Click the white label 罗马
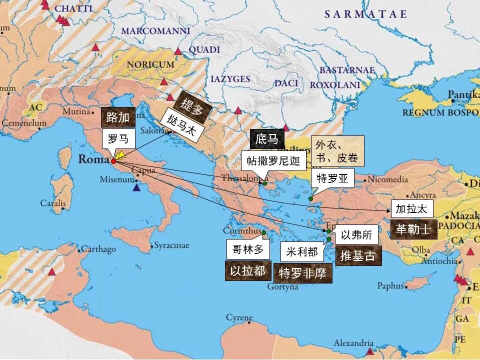point(118,138)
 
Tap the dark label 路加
point(118,117)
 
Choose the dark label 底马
point(266,139)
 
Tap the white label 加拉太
point(411,209)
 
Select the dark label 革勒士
point(413,229)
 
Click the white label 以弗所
point(356,235)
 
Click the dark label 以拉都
point(247,270)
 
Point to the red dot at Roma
point(113,161)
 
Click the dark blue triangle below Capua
point(136,188)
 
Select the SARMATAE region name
point(365,14)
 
